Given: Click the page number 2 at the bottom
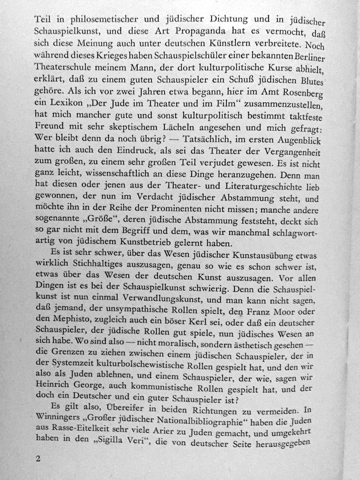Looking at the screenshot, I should click(x=38, y=459).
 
